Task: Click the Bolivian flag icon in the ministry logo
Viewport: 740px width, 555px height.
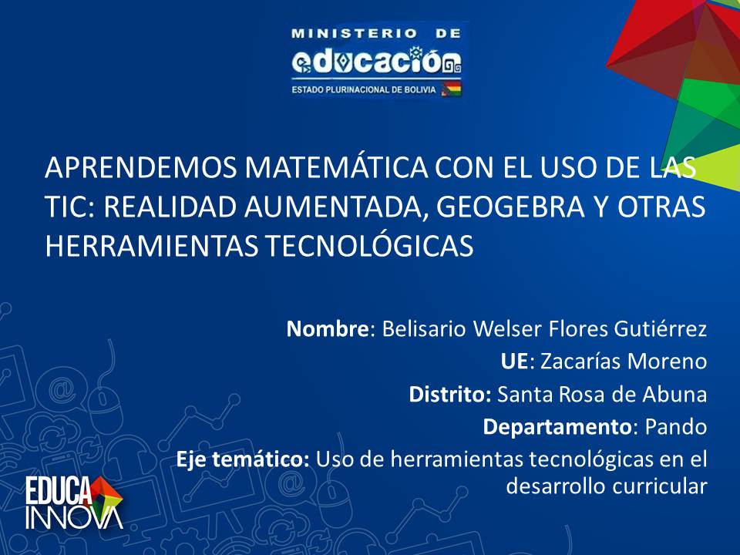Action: (x=451, y=89)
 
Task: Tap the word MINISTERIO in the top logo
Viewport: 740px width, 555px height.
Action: (x=354, y=33)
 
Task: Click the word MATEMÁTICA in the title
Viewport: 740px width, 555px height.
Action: (x=336, y=167)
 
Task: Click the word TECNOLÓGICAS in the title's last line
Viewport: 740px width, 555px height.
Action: (x=368, y=246)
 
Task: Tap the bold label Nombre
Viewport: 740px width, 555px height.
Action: (x=327, y=328)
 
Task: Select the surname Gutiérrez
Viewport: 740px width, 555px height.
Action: (x=660, y=328)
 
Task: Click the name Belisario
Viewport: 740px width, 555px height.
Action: (x=424, y=328)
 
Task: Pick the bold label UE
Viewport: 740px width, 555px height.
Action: (x=514, y=362)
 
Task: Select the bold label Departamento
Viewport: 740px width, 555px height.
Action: (x=557, y=427)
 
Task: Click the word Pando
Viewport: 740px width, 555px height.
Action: (x=676, y=427)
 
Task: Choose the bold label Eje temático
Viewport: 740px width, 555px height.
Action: (x=243, y=459)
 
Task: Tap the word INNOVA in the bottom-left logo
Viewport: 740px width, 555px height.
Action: (x=74, y=518)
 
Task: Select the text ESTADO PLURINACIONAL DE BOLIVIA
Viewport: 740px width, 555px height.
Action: (x=364, y=89)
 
